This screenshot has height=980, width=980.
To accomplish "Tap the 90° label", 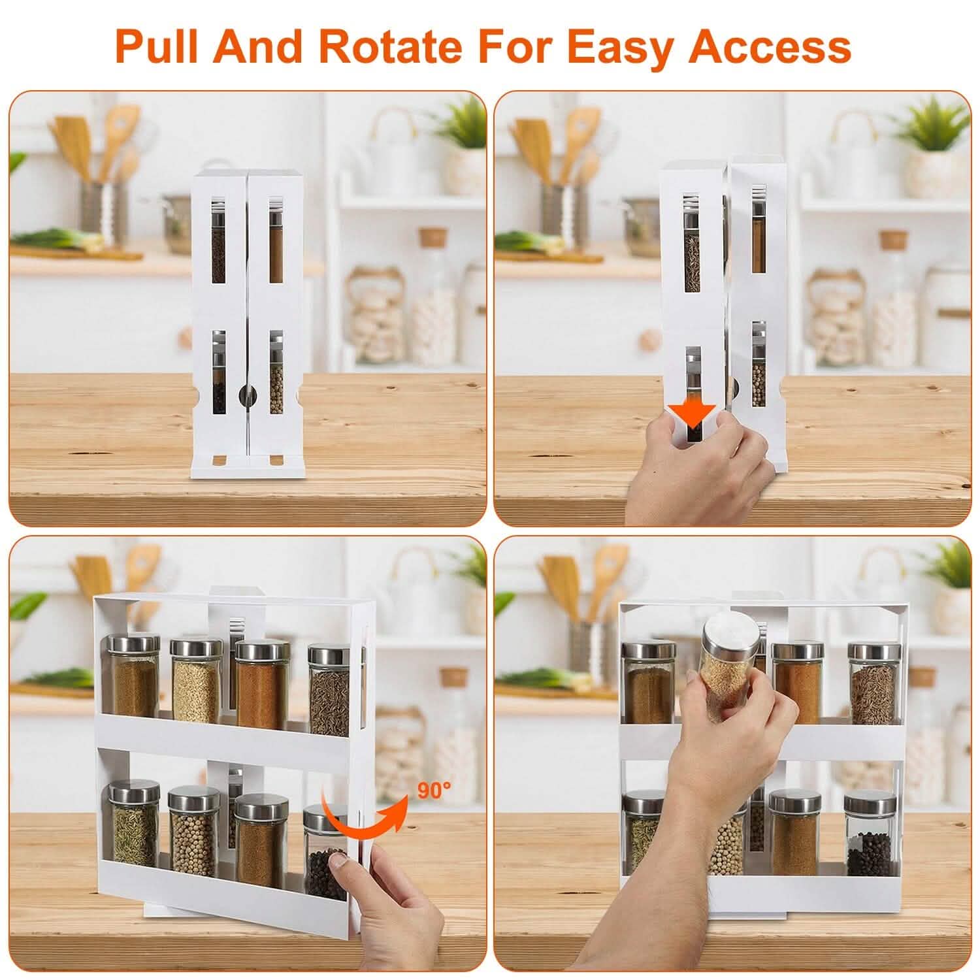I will pos(434,791).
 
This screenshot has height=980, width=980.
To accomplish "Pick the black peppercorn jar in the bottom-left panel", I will pos(325,849).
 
